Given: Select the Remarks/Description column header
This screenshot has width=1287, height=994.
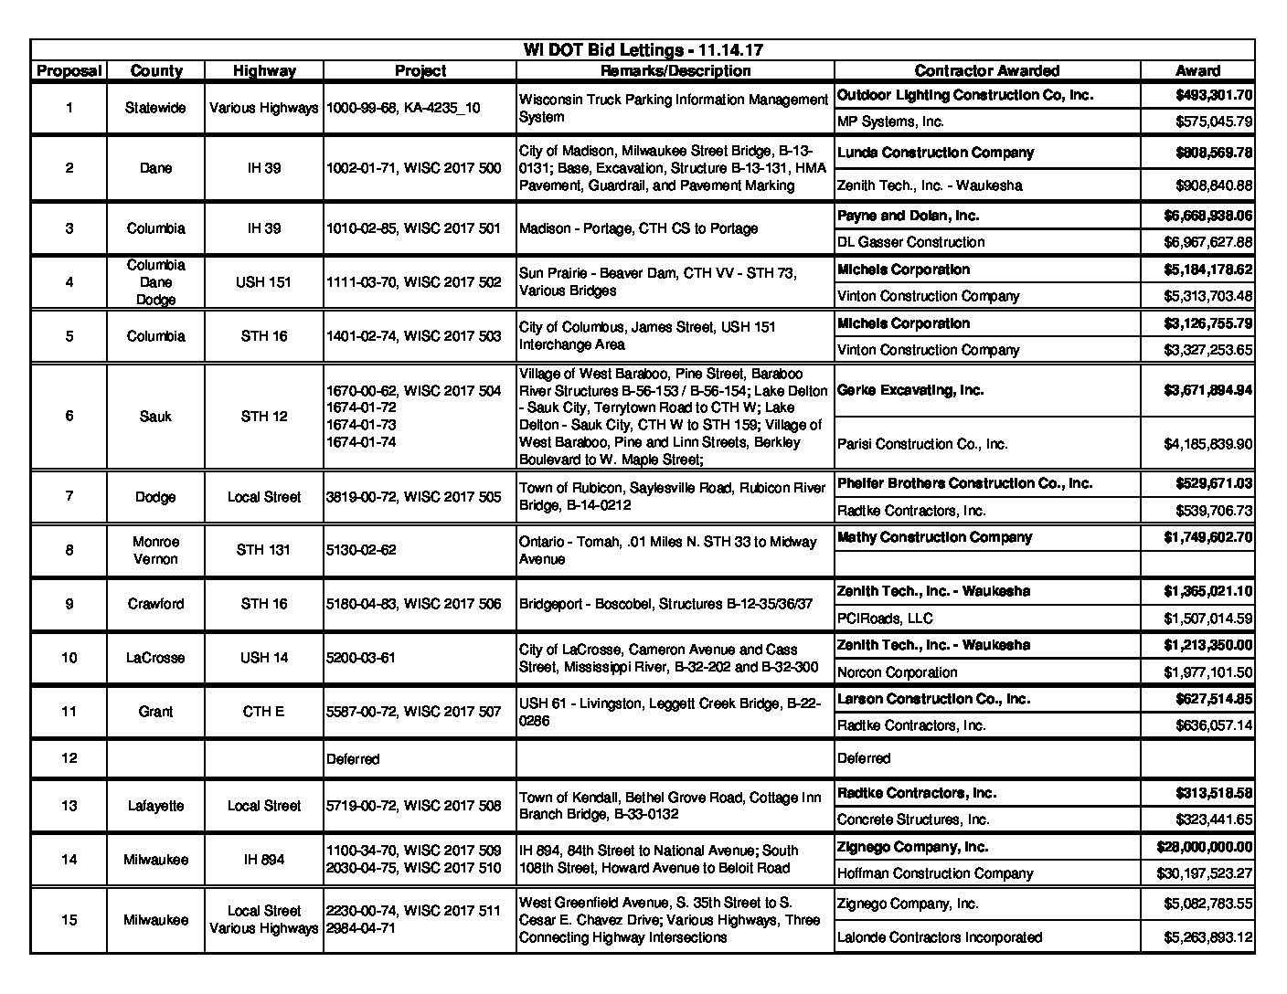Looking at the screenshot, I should pos(675,71).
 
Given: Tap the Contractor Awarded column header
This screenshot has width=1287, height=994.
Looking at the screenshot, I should pos(986,71).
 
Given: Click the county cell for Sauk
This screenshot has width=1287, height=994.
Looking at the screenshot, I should pos(155,417).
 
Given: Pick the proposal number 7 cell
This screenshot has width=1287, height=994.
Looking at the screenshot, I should pos(69,496).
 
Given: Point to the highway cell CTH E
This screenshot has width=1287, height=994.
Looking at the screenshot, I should pos(263,712).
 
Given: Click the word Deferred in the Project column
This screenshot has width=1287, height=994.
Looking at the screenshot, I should pos(353,759).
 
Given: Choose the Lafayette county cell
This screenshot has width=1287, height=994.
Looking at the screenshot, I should pos(155,806).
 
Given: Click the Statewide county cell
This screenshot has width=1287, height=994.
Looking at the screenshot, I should pos(155,108).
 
